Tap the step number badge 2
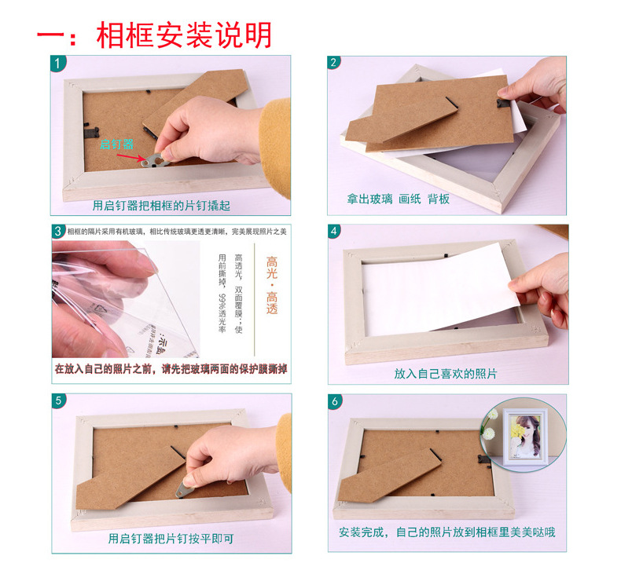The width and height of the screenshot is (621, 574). [x=335, y=64]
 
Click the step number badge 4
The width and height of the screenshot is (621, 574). [x=335, y=231]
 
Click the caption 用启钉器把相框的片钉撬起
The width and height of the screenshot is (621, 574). [x=171, y=206]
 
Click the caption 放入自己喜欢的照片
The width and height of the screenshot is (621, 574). [x=446, y=374]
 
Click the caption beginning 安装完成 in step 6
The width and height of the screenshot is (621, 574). [x=446, y=532]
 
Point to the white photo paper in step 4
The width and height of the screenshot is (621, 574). [x=448, y=283]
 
